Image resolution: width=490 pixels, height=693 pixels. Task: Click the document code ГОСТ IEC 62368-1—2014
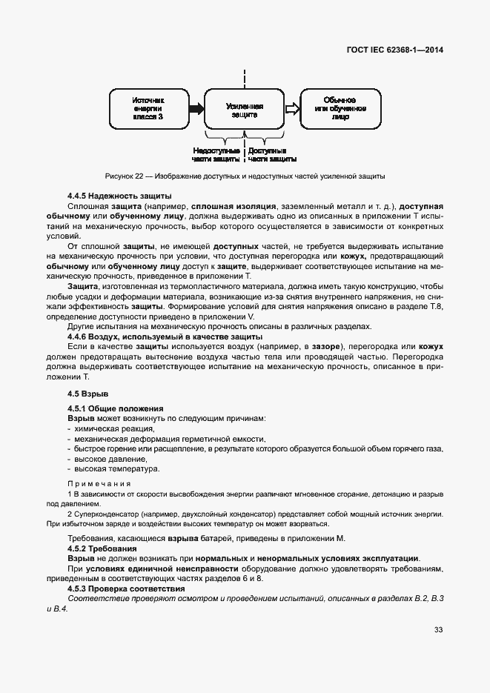click(400, 51)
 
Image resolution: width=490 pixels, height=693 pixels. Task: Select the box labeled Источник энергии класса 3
click(148, 108)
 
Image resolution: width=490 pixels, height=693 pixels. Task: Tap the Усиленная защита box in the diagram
click(244, 108)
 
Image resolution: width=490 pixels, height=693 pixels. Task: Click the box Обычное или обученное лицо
click(340, 108)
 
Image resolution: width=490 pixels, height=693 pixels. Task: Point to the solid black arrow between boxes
click(196, 108)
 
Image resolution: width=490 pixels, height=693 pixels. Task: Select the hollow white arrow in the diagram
click(292, 108)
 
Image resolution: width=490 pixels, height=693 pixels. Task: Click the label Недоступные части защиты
click(216, 154)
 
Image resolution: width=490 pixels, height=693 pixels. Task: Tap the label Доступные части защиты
click(273, 154)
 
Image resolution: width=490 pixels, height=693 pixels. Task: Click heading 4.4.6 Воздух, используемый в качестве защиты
click(165, 336)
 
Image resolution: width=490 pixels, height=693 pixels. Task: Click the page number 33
click(439, 630)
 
